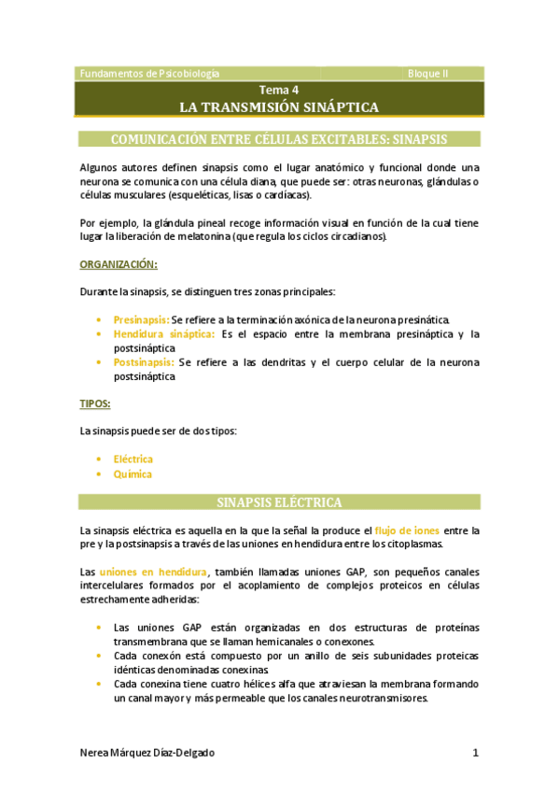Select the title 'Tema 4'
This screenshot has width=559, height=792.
tap(279, 91)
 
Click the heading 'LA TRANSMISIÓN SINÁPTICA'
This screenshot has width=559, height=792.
tap(279, 107)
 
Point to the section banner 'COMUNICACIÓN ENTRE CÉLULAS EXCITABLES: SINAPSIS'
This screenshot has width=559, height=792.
tap(279, 139)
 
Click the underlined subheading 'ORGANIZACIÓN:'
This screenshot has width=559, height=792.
tap(118, 265)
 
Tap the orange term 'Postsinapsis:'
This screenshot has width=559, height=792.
tap(143, 362)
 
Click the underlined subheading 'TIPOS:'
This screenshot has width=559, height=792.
tap(95, 404)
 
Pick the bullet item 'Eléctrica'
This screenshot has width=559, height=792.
tap(133, 460)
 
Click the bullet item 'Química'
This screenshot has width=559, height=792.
tap(132, 474)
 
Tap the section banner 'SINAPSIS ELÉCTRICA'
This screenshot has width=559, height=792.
tap(279, 502)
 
